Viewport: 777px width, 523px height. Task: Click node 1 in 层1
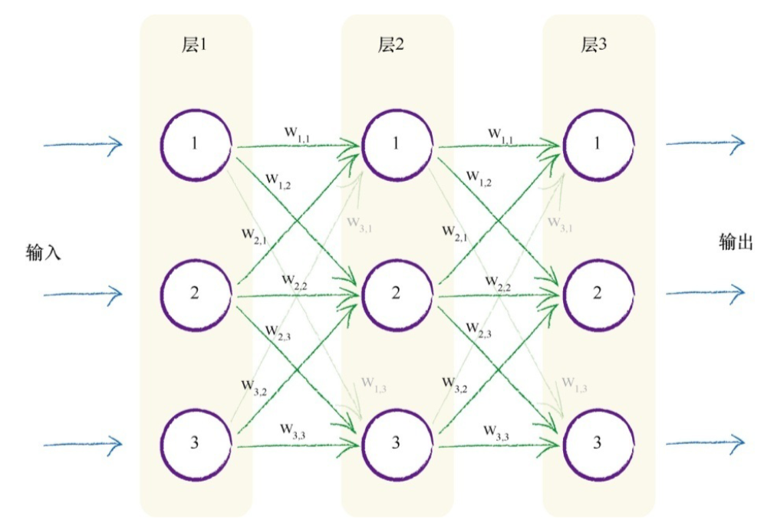pos(196,144)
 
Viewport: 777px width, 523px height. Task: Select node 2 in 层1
pos(196,294)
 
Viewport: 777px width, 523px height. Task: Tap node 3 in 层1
pos(196,442)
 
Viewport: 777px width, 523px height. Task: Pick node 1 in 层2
pos(397,144)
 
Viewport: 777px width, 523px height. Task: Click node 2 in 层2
pos(397,294)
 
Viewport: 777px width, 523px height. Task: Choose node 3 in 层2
pos(397,442)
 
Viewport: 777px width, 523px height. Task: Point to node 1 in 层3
pos(598,144)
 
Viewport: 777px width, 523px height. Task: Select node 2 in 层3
pos(598,294)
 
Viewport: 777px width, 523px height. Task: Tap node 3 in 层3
pos(598,442)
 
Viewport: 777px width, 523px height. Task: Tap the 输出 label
pos(736,242)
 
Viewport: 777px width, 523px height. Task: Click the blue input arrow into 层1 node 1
pos(83,143)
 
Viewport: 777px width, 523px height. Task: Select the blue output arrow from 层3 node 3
pos(706,442)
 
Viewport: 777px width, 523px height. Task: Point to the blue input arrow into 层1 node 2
pos(83,293)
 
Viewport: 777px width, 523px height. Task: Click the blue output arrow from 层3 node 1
pos(706,143)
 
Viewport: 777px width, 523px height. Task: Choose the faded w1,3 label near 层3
pos(574,383)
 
